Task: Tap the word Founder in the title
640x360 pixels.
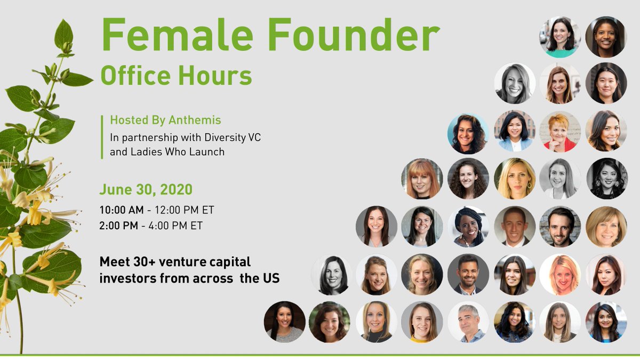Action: [351, 36]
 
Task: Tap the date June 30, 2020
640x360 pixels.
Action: [146, 189]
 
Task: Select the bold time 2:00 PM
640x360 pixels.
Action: [118, 225]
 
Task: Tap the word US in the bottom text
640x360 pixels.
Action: [270, 278]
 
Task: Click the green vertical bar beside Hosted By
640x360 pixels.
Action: [101, 137]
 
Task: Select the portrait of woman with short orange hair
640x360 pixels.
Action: [559, 131]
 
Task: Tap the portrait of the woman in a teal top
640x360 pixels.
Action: [559, 37]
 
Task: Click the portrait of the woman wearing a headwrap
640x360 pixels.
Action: [468, 226]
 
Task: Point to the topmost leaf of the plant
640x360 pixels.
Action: [63, 33]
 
